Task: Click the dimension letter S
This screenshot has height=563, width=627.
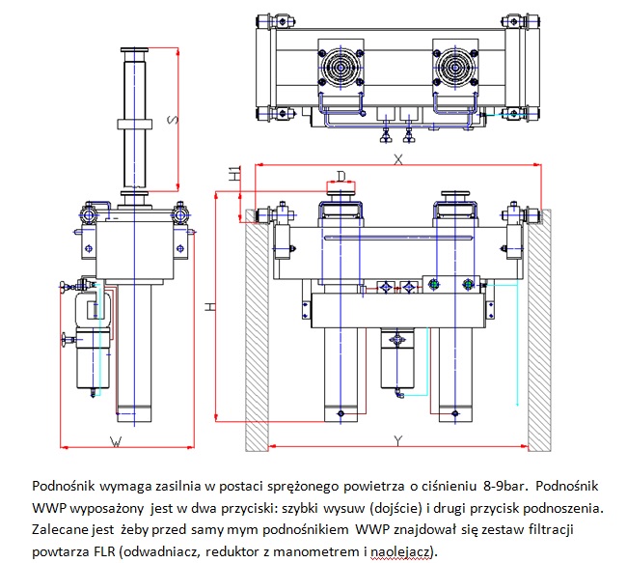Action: click(x=171, y=120)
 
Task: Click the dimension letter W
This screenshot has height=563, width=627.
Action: click(x=115, y=441)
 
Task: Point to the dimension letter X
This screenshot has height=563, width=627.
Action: click(x=397, y=160)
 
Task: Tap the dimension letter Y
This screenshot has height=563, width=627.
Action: click(x=397, y=440)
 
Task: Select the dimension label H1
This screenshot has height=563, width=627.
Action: click(x=233, y=175)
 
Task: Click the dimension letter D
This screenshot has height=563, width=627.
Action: click(x=341, y=175)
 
